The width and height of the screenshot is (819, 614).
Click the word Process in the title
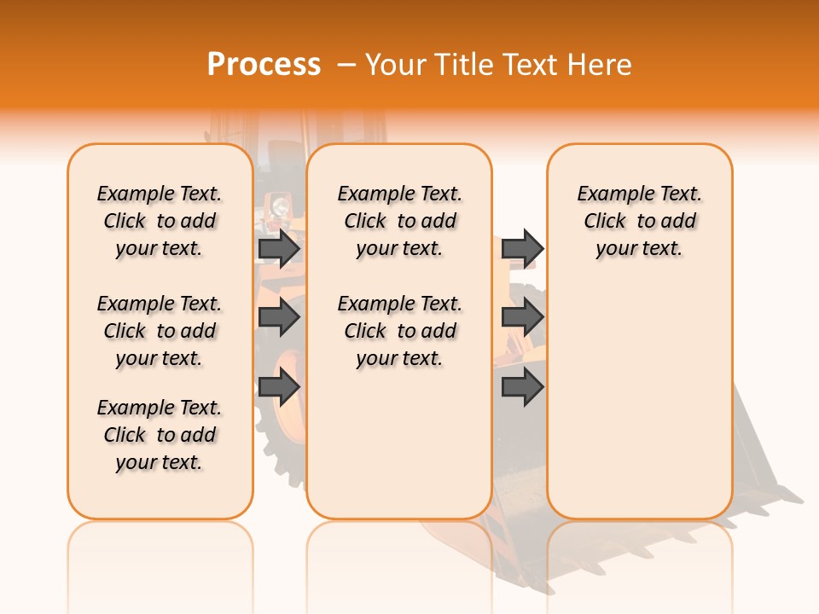coord(264,65)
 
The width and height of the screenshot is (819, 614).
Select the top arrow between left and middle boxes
coord(279,248)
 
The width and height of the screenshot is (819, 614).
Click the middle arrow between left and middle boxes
coord(279,317)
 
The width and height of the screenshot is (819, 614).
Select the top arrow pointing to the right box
coord(522,248)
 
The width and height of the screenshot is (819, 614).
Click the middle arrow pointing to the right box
coord(522,317)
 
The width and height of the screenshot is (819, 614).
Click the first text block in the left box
coord(160,221)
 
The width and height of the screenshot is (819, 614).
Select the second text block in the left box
coord(160,331)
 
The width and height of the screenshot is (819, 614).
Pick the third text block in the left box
coord(160,435)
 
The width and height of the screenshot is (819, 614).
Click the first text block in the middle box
coord(399,221)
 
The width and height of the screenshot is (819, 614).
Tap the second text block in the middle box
coord(399,331)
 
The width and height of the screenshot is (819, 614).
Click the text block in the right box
coord(639,221)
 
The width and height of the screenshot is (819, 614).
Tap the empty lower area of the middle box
coord(399,443)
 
